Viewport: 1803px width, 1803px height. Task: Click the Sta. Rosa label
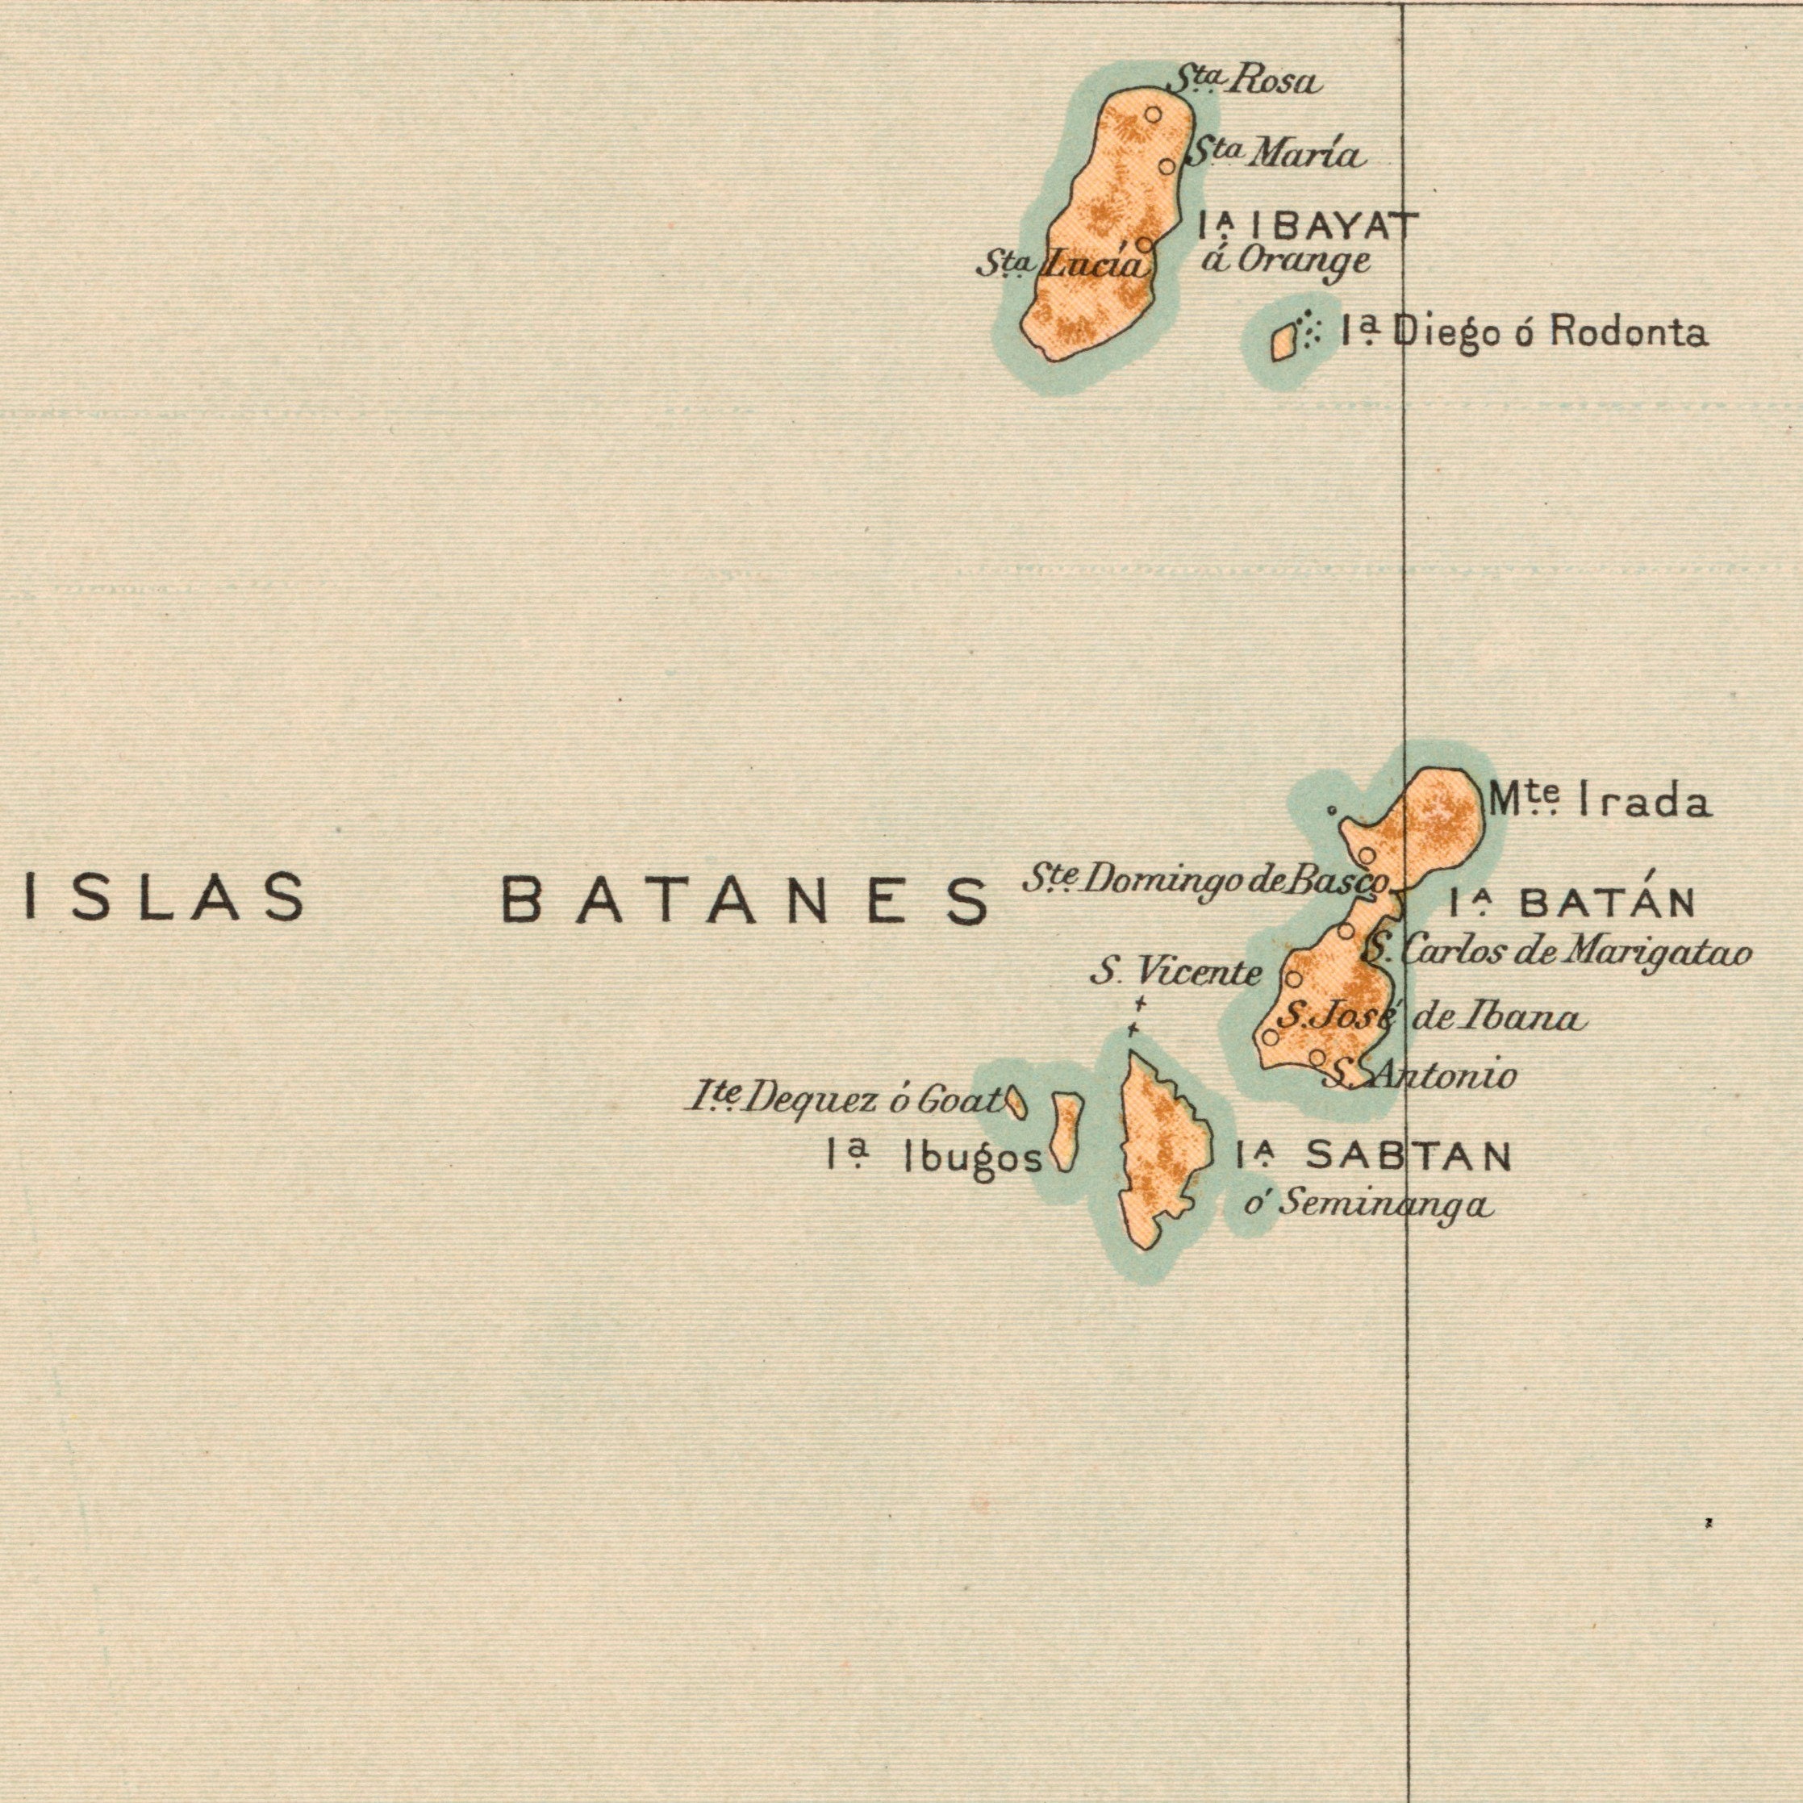pos(1244,82)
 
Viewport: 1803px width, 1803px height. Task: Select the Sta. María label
pos(1275,153)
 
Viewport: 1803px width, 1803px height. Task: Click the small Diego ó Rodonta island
pos(1284,340)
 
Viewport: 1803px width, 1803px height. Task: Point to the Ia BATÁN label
pos(1572,903)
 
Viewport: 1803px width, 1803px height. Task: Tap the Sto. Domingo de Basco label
pos(1208,880)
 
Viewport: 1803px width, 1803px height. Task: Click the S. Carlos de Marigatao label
pos(1555,952)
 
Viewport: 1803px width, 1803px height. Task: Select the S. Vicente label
pos(1176,974)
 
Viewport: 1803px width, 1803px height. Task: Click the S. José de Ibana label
pos(1430,1016)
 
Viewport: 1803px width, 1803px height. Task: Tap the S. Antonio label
pos(1421,1076)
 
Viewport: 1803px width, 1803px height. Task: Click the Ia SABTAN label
pos(1372,1158)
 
